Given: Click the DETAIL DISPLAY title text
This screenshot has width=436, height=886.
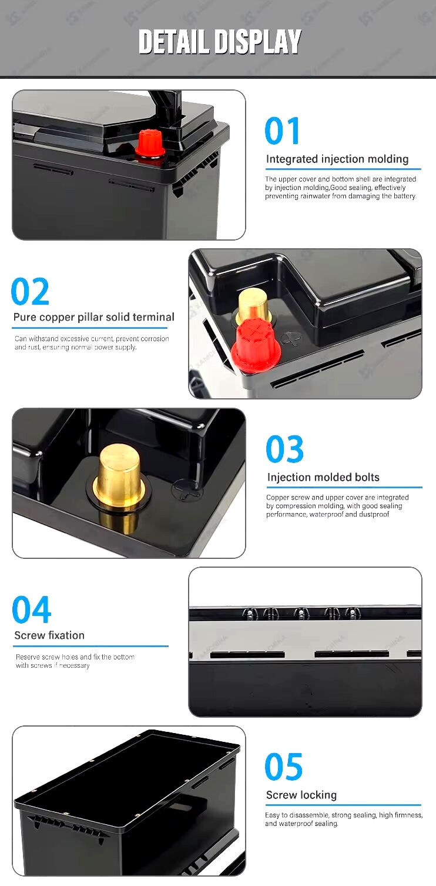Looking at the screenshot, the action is (x=220, y=42).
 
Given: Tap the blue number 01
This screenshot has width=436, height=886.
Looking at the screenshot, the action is (x=283, y=131).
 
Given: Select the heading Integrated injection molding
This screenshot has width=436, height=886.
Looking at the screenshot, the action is (x=337, y=159).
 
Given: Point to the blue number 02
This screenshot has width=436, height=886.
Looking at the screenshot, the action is (x=30, y=292).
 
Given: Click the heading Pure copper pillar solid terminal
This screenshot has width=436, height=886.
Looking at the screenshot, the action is (x=94, y=317).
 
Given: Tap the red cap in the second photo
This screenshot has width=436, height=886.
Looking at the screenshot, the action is (x=256, y=345).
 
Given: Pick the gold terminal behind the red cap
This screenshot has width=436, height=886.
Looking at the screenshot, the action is (x=253, y=305).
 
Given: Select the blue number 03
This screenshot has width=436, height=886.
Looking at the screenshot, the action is (x=285, y=449).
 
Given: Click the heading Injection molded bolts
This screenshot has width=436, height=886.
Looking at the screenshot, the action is (x=323, y=477).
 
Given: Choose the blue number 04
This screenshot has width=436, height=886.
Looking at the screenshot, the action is (x=32, y=609).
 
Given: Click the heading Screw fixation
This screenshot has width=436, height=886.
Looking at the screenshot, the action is (x=49, y=635).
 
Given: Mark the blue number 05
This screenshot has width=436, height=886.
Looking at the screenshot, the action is (x=284, y=767).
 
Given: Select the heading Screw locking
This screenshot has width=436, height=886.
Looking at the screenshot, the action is (x=301, y=795).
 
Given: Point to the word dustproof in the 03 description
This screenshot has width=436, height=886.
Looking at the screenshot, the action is (x=374, y=515).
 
